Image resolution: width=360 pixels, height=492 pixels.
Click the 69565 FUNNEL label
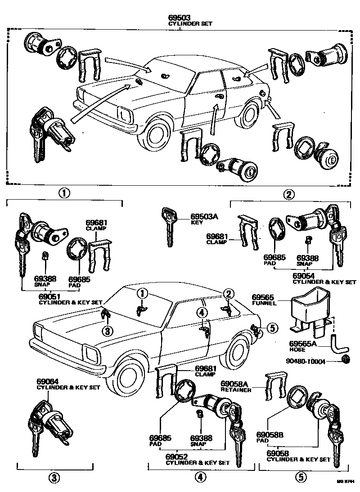[x=263, y=300]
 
